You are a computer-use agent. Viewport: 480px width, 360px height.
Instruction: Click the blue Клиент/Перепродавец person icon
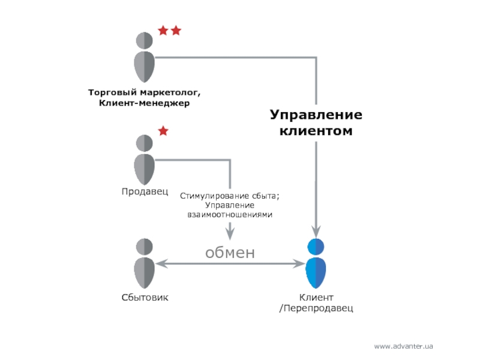pyautogui.click(x=316, y=263)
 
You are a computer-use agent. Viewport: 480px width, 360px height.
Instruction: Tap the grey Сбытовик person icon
pyautogui.click(x=144, y=263)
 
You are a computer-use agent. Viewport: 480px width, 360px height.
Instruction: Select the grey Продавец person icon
pyautogui.click(x=144, y=160)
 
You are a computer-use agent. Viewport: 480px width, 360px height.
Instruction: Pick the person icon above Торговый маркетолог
pyautogui.click(x=144, y=57)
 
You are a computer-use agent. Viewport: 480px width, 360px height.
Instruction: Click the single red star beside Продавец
pyautogui.click(x=163, y=131)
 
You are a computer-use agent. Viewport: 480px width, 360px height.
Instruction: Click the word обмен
pyautogui.click(x=230, y=253)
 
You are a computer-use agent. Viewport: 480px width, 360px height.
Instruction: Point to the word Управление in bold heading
pyautogui.click(x=316, y=115)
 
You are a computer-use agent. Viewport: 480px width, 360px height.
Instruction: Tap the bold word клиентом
pyautogui.click(x=316, y=131)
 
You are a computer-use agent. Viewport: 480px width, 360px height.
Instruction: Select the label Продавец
pyautogui.click(x=145, y=192)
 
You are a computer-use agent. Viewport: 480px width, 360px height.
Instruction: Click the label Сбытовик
pyautogui.click(x=145, y=297)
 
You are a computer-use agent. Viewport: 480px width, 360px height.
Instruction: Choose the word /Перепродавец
pyautogui.click(x=316, y=308)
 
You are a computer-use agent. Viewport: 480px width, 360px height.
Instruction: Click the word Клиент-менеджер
pyautogui.click(x=144, y=103)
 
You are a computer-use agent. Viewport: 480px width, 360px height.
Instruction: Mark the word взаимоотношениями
pyautogui.click(x=230, y=215)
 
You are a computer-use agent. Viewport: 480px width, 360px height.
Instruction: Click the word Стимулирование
pyautogui.click(x=215, y=196)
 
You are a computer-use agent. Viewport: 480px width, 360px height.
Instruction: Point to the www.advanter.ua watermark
pyautogui.click(x=403, y=346)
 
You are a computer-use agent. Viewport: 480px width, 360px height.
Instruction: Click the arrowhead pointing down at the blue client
pyautogui.click(x=316, y=232)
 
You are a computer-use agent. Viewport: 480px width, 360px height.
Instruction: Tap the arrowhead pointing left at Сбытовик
pyautogui.click(x=161, y=263)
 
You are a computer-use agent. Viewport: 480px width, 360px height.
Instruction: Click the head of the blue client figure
pyautogui.click(x=316, y=247)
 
